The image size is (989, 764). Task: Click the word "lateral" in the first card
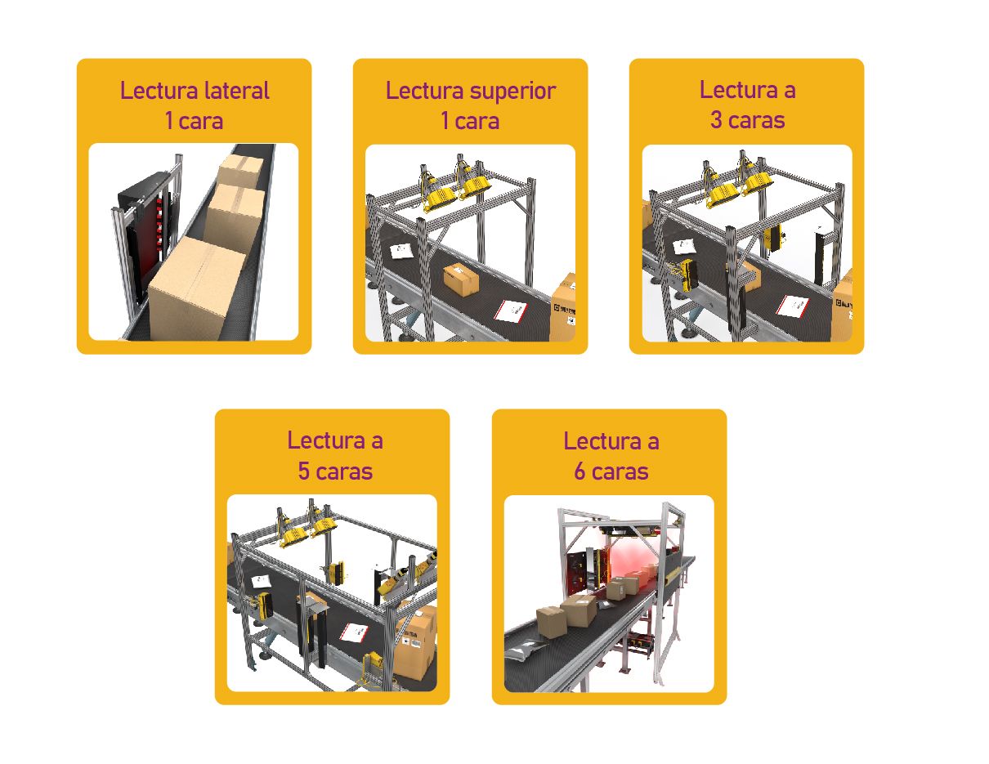(x=236, y=90)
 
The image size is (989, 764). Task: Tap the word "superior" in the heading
(x=512, y=92)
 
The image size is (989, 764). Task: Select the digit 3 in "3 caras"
(x=716, y=120)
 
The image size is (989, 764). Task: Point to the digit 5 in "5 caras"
(x=303, y=471)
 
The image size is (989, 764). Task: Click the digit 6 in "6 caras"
(x=580, y=471)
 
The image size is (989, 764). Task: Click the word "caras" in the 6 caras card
(x=620, y=471)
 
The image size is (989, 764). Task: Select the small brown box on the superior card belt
(x=461, y=279)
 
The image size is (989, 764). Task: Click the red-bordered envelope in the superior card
(x=511, y=311)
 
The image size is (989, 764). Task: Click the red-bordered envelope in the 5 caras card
(x=355, y=632)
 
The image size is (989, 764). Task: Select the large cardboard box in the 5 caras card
(x=415, y=641)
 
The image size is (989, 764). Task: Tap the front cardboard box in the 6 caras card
(x=552, y=622)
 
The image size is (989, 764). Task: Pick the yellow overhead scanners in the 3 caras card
(x=737, y=187)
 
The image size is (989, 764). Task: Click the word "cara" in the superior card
(x=477, y=122)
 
